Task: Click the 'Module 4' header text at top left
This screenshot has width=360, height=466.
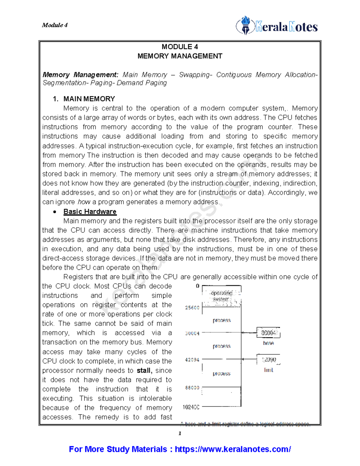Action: pos(55,25)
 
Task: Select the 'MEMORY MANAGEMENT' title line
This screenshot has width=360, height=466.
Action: pos(180,56)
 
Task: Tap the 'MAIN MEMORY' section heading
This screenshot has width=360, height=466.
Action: pos(89,99)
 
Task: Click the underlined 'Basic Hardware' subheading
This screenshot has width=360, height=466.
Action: pos(90,212)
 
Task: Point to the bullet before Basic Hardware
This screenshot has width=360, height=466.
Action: pos(54,212)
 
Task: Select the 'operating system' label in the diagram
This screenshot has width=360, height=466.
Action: pos(221,296)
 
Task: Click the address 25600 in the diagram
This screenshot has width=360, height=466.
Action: pos(192,308)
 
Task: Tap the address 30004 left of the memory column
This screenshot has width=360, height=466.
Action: pos(192,333)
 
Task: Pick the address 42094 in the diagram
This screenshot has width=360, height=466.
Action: pos(192,359)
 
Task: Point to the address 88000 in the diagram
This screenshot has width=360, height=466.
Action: pos(192,388)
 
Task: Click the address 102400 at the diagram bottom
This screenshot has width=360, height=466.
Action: pos(191,407)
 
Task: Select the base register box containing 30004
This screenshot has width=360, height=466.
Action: pos(268,333)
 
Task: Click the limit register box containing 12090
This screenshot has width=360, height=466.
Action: pos(268,359)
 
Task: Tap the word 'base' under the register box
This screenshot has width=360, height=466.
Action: pos(268,343)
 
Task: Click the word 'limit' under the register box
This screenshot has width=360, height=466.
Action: pos(268,370)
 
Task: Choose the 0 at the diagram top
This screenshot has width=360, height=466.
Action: pos(197,286)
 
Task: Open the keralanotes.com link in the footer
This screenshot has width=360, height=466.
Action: pos(232,449)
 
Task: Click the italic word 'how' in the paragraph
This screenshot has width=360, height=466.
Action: pos(84,202)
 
